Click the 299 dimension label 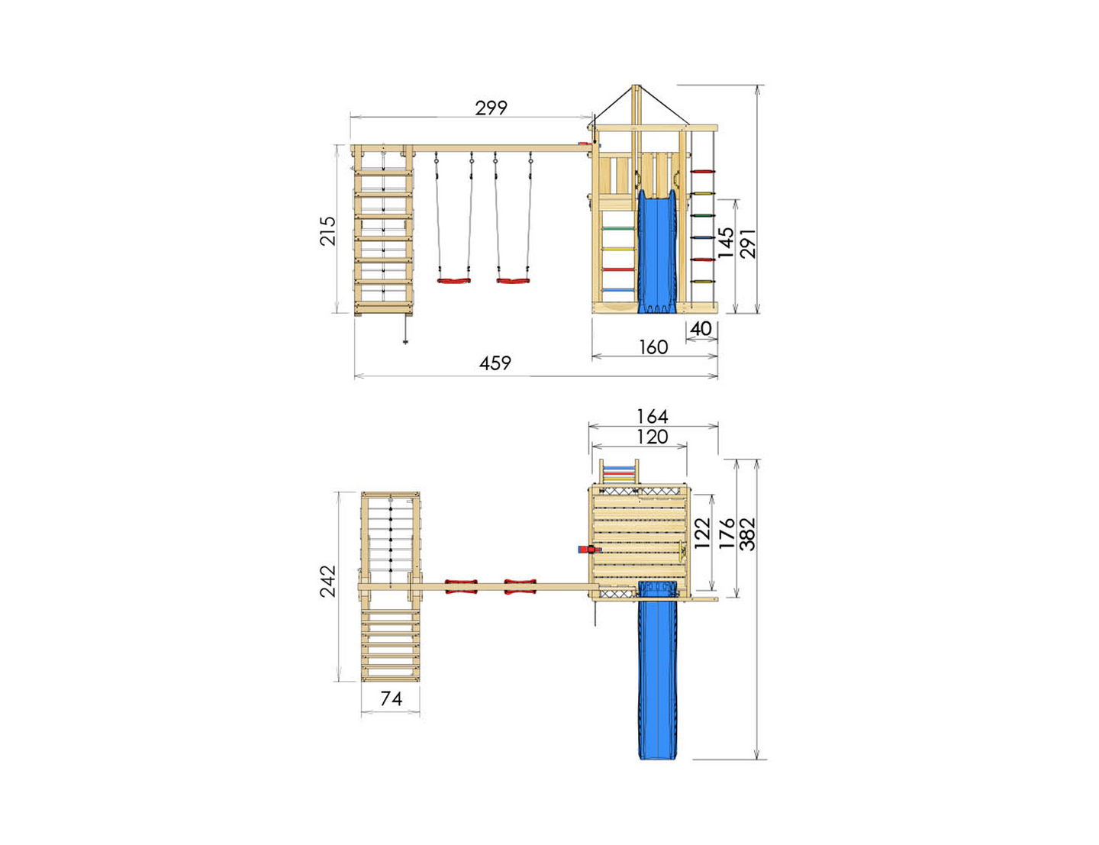tap(491, 108)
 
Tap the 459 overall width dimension tap(495, 363)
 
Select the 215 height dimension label tap(327, 231)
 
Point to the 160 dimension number tap(653, 347)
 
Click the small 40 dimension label tap(701, 329)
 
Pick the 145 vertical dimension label tap(726, 243)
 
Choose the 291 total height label tap(748, 244)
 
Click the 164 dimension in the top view tap(653, 417)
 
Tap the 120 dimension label tap(653, 437)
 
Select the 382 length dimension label tap(747, 534)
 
